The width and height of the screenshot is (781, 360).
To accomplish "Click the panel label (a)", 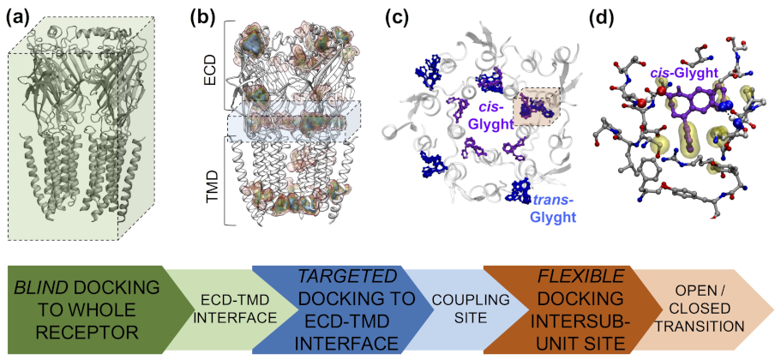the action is point(22,15).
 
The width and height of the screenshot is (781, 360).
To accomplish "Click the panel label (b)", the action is point(208,15).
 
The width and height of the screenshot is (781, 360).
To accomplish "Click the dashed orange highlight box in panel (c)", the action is point(535,110).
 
